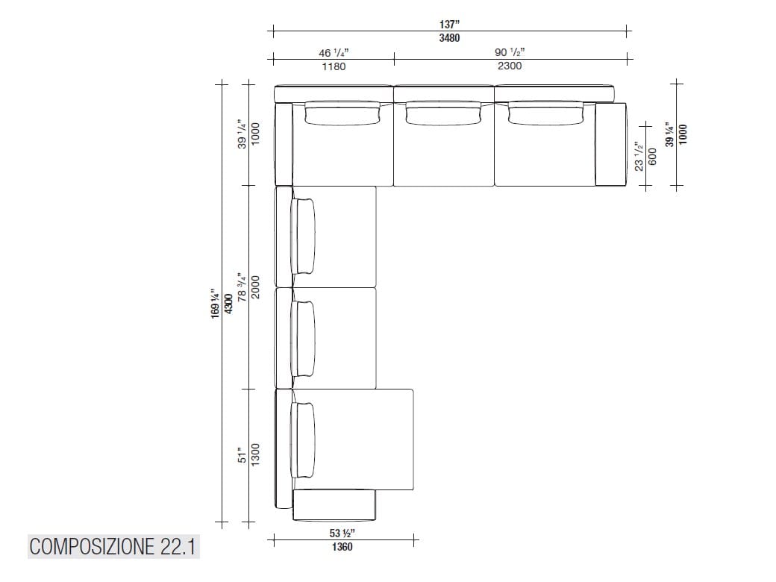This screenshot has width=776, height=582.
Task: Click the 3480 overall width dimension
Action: coord(449,38)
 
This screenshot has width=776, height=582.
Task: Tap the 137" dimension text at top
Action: coord(449,25)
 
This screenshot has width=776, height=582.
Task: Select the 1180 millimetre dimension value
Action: coord(334,66)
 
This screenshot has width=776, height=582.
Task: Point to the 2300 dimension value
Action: coord(510,66)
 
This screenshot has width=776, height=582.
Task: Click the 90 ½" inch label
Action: coord(510,53)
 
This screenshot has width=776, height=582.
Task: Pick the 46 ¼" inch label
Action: coord(334,53)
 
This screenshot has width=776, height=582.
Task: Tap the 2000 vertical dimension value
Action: coord(255,287)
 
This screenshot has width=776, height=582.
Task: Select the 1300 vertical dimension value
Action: coord(255,453)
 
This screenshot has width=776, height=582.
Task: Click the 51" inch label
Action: coord(241,454)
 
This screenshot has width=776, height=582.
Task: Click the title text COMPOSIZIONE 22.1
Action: coord(113,547)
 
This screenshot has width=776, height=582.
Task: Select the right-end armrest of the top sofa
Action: coord(610,144)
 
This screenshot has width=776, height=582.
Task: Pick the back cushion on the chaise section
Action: coord(305,439)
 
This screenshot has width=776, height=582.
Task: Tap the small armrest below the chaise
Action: coord(334,504)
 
